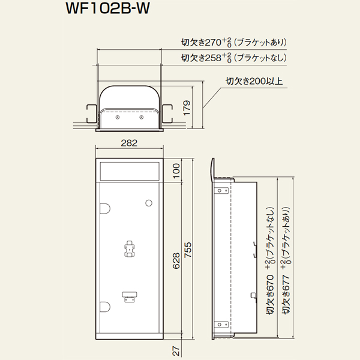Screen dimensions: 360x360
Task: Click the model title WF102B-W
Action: point(107,9)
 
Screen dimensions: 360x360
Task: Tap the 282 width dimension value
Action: point(129,143)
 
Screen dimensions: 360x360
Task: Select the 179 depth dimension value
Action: point(187,108)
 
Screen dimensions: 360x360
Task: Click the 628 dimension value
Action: point(176,261)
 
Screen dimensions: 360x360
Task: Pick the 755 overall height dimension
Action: point(188,250)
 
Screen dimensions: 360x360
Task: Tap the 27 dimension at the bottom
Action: point(176,351)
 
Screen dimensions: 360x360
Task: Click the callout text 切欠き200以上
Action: point(254,81)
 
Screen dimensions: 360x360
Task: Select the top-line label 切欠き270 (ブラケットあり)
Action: point(234,43)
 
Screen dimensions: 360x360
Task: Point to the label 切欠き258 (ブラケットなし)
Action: point(234,58)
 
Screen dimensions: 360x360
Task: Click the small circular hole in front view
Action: point(149,203)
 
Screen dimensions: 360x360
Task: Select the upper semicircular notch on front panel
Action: point(105,208)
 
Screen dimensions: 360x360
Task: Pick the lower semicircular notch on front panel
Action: point(105,307)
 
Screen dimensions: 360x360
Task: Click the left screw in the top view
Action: point(118,118)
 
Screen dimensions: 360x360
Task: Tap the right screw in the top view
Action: point(142,118)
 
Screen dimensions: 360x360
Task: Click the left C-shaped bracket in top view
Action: point(91,114)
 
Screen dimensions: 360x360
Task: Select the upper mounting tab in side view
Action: point(221,191)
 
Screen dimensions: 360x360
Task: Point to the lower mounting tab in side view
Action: point(221,325)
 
